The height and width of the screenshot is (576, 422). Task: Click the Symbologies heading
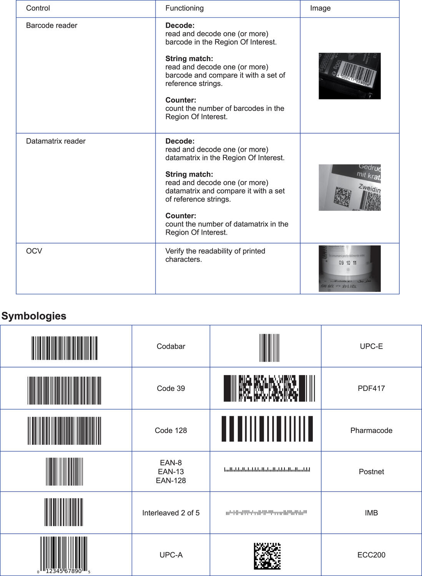[34, 316]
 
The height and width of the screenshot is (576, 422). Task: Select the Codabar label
[171, 346]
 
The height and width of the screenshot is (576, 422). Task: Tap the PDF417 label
[371, 388]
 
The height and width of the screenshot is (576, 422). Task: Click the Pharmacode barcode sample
[267, 429]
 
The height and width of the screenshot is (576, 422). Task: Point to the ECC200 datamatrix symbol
[267, 556]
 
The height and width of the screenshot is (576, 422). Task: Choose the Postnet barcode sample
[267, 470]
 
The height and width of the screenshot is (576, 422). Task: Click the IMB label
[371, 513]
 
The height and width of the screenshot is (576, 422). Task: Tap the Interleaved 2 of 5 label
[171, 513]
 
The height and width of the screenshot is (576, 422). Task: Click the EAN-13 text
[171, 472]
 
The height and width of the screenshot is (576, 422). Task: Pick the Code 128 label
[171, 430]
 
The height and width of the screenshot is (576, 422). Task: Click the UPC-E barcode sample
[269, 348]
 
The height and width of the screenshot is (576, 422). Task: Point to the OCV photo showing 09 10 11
[349, 268]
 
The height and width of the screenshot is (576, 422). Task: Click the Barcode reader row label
[52, 25]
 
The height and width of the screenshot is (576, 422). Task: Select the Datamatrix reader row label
[56, 141]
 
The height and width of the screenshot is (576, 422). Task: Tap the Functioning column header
[184, 8]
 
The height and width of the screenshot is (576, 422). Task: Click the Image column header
[320, 8]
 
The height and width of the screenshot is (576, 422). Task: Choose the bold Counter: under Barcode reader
[181, 100]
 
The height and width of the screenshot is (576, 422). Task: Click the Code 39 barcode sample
[64, 391]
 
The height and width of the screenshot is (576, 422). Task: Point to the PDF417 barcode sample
[269, 388]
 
